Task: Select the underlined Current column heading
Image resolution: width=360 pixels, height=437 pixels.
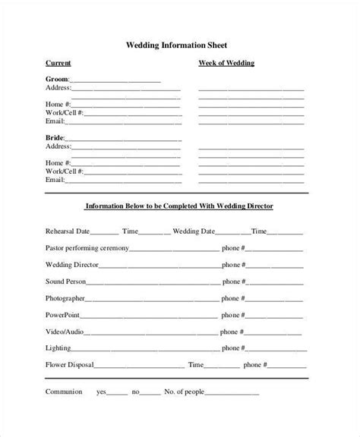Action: coord(58,63)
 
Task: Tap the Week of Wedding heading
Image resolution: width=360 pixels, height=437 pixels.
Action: coord(226,63)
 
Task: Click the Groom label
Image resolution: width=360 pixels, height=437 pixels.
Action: coord(57,79)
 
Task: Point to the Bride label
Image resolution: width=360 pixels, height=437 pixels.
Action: coord(55,136)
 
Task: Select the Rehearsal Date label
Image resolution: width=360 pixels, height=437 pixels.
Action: coord(68,231)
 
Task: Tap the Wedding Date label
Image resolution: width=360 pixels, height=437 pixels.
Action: coord(196,231)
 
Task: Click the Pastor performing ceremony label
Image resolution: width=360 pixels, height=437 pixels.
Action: coord(87,248)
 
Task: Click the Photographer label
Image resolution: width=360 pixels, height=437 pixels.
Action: coord(65,299)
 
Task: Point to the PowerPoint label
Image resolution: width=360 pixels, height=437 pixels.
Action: coord(64,315)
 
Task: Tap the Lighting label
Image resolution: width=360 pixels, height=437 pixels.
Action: coord(58,349)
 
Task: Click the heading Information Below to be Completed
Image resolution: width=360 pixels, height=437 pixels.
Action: coord(179,206)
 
